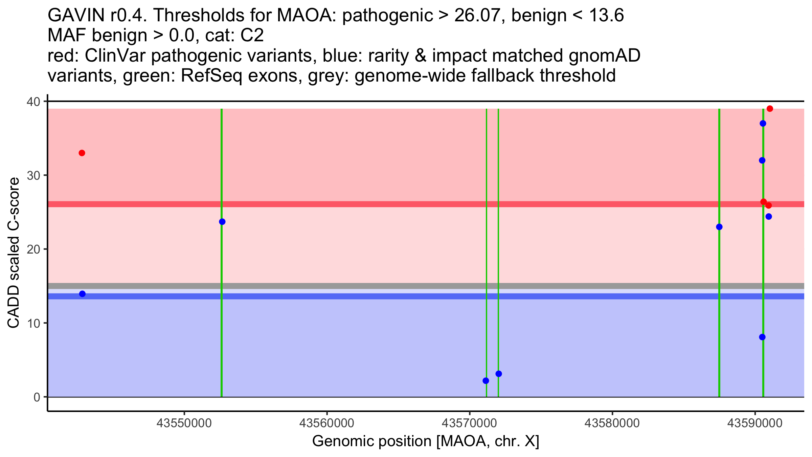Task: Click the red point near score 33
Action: (x=82, y=153)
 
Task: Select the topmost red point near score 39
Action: (x=770, y=109)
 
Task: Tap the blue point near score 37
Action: (x=763, y=124)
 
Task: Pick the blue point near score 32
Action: (x=762, y=160)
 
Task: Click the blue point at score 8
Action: (x=762, y=337)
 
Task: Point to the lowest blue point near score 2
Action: (x=486, y=381)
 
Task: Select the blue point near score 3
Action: (x=498, y=374)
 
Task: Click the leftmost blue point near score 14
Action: (x=82, y=294)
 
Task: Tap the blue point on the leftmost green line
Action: (x=222, y=222)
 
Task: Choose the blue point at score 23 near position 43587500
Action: (x=719, y=227)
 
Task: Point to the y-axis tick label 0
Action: (x=37, y=397)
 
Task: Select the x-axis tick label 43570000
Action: (x=470, y=423)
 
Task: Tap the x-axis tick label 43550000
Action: (x=184, y=423)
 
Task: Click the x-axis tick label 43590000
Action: (x=755, y=423)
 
